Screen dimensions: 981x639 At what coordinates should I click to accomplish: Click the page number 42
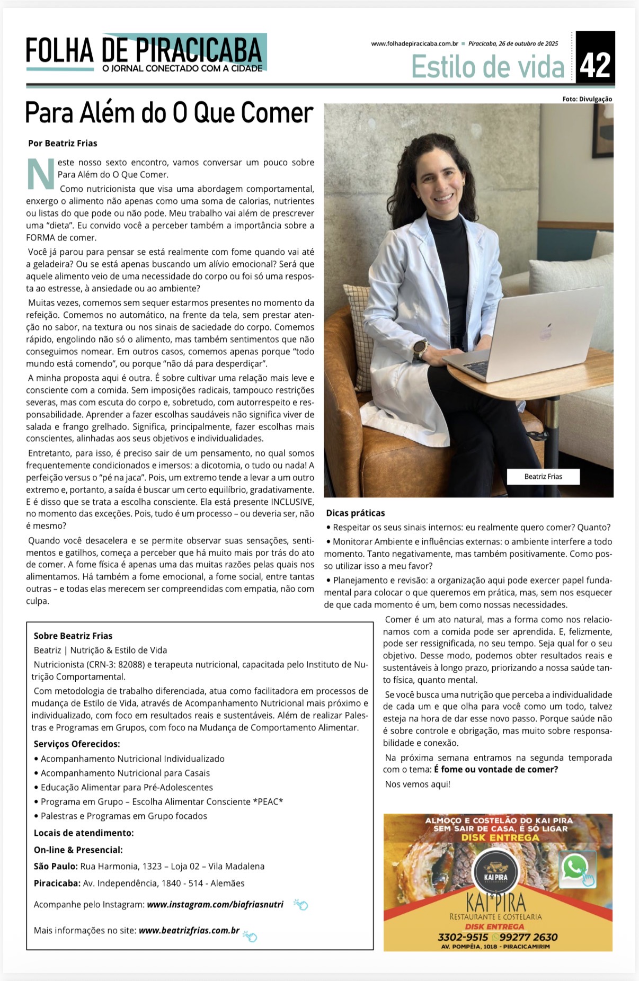[595, 65]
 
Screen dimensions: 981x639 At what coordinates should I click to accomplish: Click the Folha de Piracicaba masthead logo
[145, 53]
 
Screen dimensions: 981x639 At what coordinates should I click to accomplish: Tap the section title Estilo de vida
[487, 67]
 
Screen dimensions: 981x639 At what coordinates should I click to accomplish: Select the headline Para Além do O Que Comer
[169, 113]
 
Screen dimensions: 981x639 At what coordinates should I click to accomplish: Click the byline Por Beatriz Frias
[63, 143]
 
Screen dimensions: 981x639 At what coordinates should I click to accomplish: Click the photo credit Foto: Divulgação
[587, 99]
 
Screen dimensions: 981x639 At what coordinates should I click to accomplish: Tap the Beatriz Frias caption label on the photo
[543, 476]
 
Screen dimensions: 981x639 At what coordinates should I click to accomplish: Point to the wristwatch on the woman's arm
[420, 347]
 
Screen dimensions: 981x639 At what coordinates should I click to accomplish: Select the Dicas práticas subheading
[355, 513]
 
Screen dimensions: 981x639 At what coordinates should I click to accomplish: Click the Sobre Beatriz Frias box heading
[73, 636]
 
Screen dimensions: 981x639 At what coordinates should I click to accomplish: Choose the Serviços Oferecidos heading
[77, 744]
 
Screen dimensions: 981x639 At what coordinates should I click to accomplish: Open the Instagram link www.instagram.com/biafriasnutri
[215, 904]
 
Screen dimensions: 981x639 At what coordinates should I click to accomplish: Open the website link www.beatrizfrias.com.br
[189, 930]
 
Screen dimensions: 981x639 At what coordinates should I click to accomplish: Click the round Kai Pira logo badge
[495, 873]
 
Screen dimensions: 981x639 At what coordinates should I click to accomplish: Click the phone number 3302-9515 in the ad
[463, 937]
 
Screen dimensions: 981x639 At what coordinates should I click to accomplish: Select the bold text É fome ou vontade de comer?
[496, 769]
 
